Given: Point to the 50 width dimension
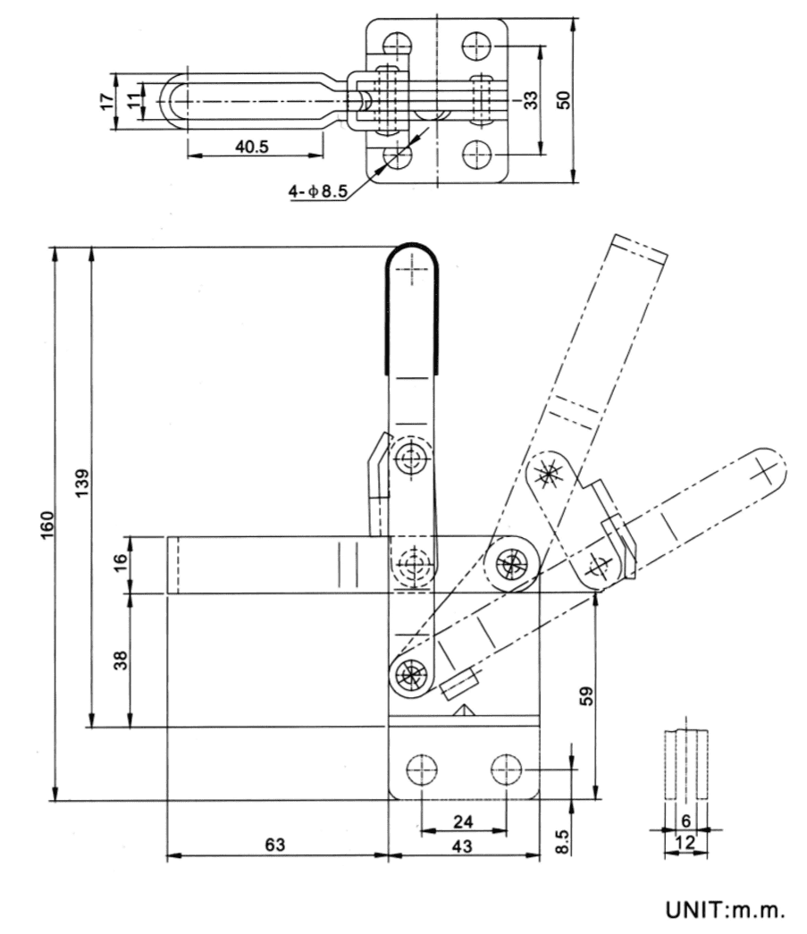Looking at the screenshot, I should (x=563, y=99).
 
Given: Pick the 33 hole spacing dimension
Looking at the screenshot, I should (x=531, y=99).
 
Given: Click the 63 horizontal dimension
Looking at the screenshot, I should (x=276, y=845).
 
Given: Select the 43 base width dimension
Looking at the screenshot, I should (x=463, y=845).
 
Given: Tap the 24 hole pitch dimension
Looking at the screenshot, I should (x=463, y=820).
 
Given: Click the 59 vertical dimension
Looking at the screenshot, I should (x=585, y=696).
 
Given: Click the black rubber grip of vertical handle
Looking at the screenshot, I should (x=411, y=304).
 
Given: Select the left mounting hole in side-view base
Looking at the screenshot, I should (x=419, y=768).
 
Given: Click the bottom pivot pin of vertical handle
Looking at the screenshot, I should (x=411, y=673).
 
